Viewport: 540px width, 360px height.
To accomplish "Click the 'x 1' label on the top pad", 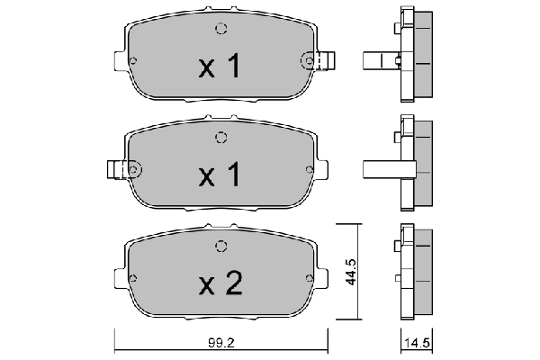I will click(x=220, y=66).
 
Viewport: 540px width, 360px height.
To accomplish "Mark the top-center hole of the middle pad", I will click(x=220, y=137).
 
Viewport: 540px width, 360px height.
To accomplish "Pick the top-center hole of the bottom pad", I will click(x=220, y=246).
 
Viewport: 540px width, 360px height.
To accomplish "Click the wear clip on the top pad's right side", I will click(x=326, y=61).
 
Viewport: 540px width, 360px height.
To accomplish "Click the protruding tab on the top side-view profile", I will click(x=378, y=61).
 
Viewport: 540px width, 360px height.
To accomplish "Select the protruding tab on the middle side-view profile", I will click(x=378, y=169).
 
